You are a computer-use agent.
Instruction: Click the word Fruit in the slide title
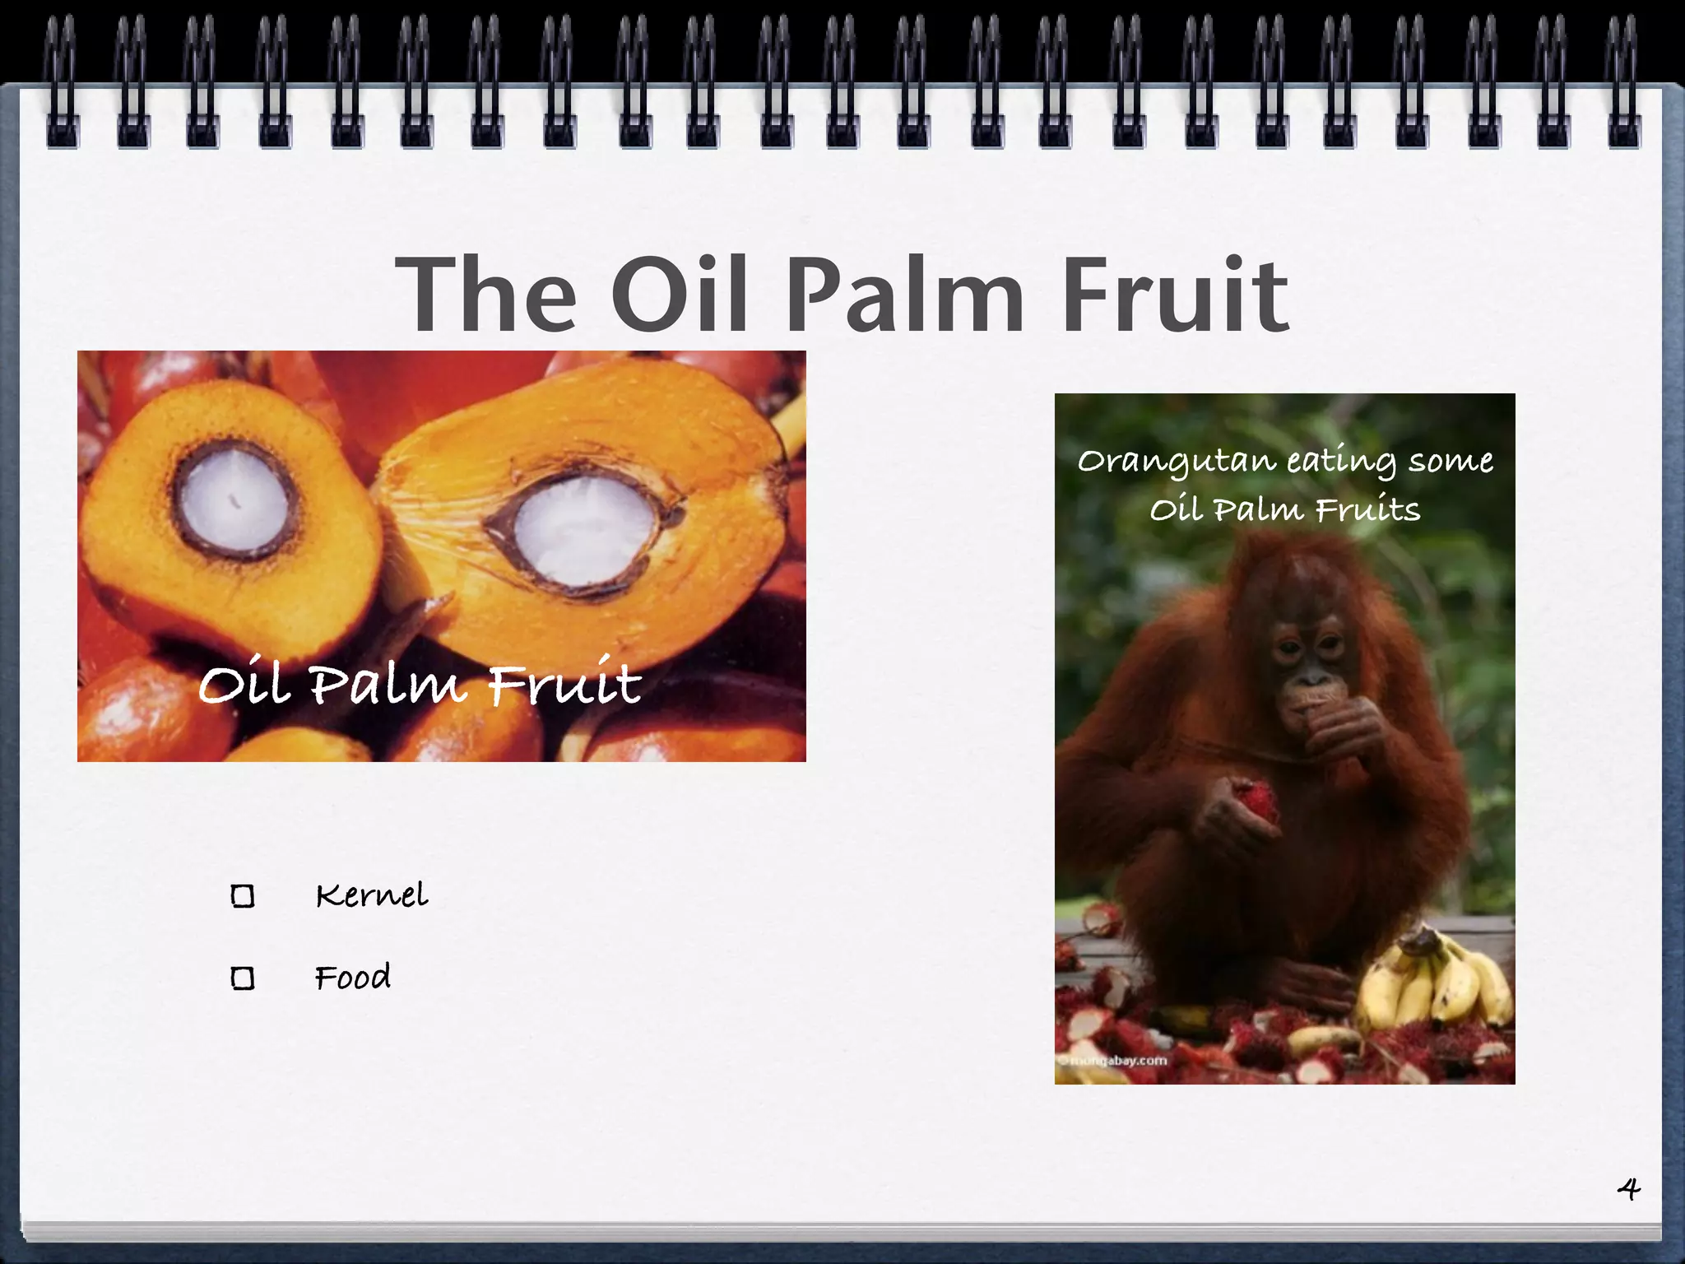(x=1175, y=295)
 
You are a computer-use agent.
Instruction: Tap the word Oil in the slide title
(x=680, y=295)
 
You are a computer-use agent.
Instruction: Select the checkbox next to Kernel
(x=243, y=896)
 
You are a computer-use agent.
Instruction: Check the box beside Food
(x=243, y=978)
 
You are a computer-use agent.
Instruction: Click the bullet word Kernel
(x=372, y=895)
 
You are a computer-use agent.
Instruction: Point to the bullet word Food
(x=353, y=977)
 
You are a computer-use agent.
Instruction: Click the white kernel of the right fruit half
(x=580, y=527)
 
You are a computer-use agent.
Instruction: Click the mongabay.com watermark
(x=1115, y=1060)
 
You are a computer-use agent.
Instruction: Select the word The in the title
(x=485, y=295)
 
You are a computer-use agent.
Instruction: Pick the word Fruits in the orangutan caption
(x=1367, y=510)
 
